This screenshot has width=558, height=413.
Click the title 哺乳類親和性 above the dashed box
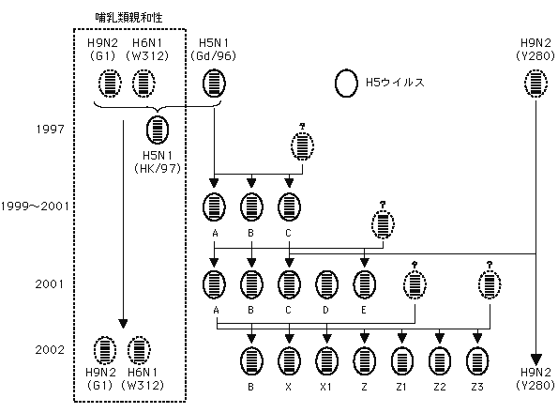point(128,18)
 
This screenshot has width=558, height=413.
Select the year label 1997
point(51,129)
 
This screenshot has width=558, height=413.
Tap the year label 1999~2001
point(35,206)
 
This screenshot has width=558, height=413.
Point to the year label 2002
point(50,349)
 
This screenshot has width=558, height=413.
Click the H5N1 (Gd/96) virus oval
point(214,84)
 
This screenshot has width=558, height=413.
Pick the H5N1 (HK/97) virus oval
point(158,130)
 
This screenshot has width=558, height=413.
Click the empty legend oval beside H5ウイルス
point(346,83)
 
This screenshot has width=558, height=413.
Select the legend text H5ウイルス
point(395,83)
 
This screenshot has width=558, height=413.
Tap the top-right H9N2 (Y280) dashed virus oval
point(535,84)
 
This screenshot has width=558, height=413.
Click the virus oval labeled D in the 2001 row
point(326,284)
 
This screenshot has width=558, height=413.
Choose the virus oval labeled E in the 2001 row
point(365,284)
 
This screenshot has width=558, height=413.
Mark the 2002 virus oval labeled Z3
point(477,361)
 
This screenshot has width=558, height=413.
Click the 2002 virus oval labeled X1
point(326,361)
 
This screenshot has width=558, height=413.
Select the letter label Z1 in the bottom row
point(401,387)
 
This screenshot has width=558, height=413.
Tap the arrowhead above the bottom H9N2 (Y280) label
point(535,359)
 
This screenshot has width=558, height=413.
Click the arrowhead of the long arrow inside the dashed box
point(123,324)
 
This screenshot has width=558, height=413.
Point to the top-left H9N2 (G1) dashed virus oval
point(110,84)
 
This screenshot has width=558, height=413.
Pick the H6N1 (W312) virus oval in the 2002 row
point(139,349)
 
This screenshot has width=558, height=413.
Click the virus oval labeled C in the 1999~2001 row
point(289,206)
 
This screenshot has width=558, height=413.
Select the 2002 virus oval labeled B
point(251,361)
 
